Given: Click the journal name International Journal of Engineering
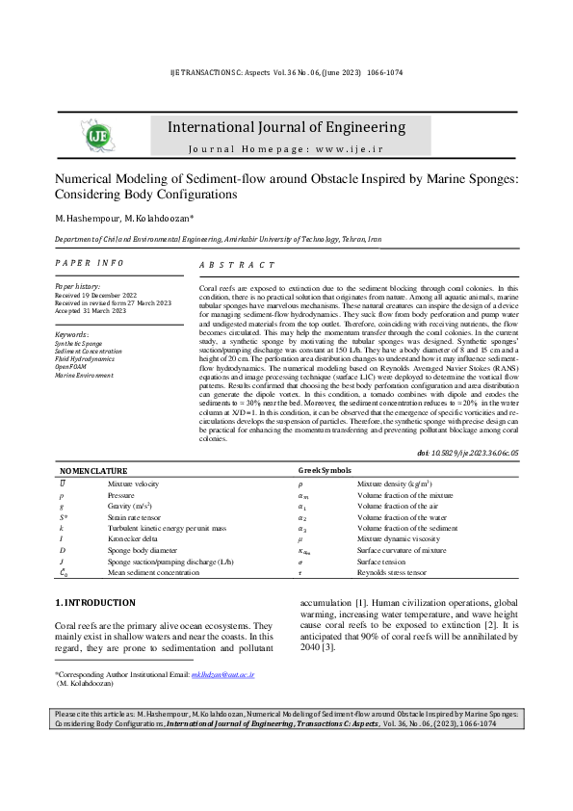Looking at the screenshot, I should click(x=286, y=127).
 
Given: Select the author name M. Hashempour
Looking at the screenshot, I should click(x=80, y=218).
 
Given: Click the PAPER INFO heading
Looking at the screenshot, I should click(x=89, y=263).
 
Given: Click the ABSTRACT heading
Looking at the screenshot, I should click(x=236, y=265).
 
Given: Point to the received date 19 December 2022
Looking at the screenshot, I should click(x=114, y=295).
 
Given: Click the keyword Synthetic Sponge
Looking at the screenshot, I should click(x=78, y=343).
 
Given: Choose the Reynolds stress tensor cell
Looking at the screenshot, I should click(x=390, y=573).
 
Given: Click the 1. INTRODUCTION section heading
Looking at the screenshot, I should click(x=95, y=602).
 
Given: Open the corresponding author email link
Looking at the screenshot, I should click(x=223, y=675).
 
